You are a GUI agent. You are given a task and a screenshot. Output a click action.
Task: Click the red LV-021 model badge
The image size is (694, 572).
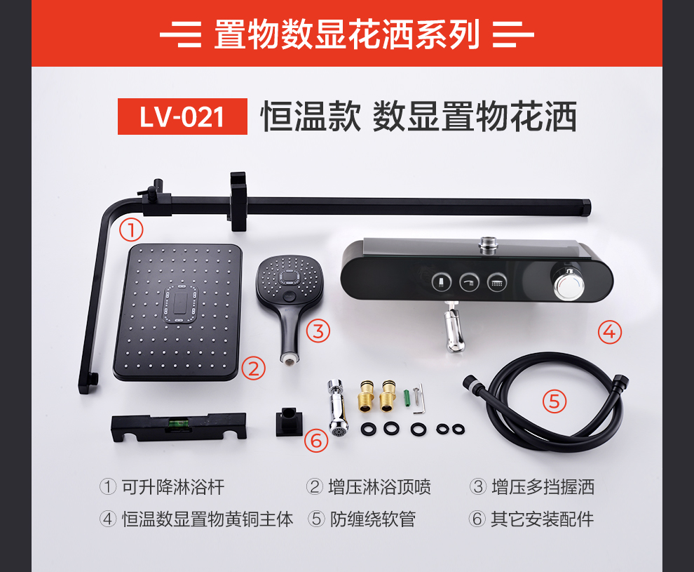(x=182, y=117)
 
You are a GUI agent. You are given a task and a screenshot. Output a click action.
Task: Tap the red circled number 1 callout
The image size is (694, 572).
(x=131, y=230)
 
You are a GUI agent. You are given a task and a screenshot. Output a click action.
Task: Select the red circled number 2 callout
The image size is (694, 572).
(x=254, y=368)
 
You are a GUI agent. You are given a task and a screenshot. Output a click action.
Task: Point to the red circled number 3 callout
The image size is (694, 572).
(x=318, y=331)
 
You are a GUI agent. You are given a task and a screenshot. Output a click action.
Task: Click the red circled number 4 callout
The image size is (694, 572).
(x=609, y=332)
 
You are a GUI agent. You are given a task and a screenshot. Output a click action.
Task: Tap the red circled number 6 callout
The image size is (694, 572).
(x=316, y=441)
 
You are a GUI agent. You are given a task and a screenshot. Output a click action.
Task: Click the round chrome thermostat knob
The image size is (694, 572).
(x=566, y=284)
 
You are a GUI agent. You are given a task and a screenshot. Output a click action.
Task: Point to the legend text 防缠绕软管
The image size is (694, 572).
(x=373, y=519)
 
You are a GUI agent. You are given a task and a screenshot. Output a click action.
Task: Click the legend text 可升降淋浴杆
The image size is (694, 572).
(x=174, y=487)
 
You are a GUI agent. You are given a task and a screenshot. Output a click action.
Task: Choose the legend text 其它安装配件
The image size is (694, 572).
(x=542, y=519)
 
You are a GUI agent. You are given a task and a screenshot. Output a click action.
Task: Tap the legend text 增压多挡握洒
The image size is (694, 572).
(x=543, y=487)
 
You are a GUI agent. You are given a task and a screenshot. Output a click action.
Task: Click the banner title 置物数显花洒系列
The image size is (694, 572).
(x=347, y=34)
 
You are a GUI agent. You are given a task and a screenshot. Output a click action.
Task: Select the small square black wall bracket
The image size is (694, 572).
(x=289, y=421)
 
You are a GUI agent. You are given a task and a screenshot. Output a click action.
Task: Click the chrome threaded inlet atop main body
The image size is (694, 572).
(x=488, y=244)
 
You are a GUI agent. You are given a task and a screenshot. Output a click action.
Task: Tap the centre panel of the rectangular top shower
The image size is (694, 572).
(x=181, y=303)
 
